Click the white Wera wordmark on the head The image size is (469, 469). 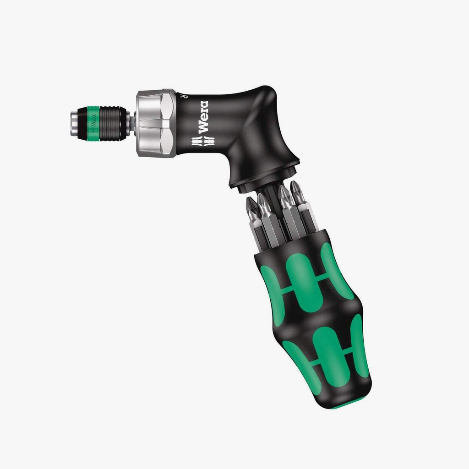pyautogui.click(x=202, y=117)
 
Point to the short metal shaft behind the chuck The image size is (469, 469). pyautogui.click(x=132, y=122)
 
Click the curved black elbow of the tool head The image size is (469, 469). pyautogui.click(x=261, y=119)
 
